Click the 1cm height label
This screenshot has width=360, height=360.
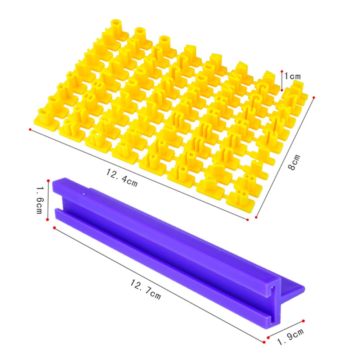[x=292, y=76]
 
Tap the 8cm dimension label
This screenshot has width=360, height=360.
[x=294, y=162]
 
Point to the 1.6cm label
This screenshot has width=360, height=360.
[x=39, y=200]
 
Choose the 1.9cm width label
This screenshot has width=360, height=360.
[x=291, y=337]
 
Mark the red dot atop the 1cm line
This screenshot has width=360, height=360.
[x=282, y=72]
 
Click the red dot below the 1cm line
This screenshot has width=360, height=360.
[x=282, y=90]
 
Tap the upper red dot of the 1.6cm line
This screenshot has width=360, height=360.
[x=48, y=181]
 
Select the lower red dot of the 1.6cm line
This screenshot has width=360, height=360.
[x=48, y=220]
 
